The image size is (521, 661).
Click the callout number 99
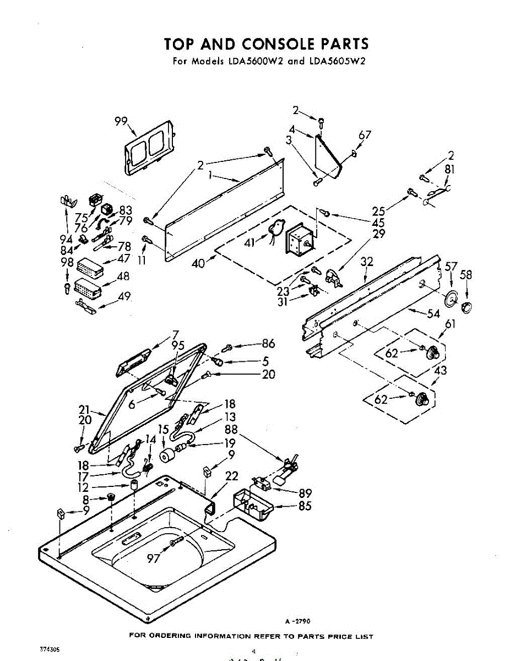coord(121,122)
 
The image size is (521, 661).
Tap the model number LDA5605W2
coord(337,61)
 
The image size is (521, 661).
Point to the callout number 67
coord(365,135)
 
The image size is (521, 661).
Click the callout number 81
coord(449,170)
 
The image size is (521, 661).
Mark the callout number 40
coord(198,263)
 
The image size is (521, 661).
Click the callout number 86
coord(268,344)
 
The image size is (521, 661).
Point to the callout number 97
coord(154,559)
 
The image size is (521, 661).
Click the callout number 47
coord(123,258)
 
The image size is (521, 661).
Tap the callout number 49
coord(124,296)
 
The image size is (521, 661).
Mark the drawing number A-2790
coord(297,621)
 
